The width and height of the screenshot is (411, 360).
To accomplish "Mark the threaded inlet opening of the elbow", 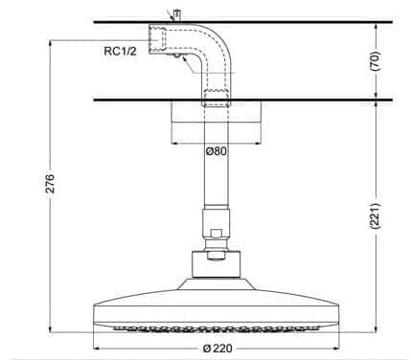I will pos(157,46).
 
